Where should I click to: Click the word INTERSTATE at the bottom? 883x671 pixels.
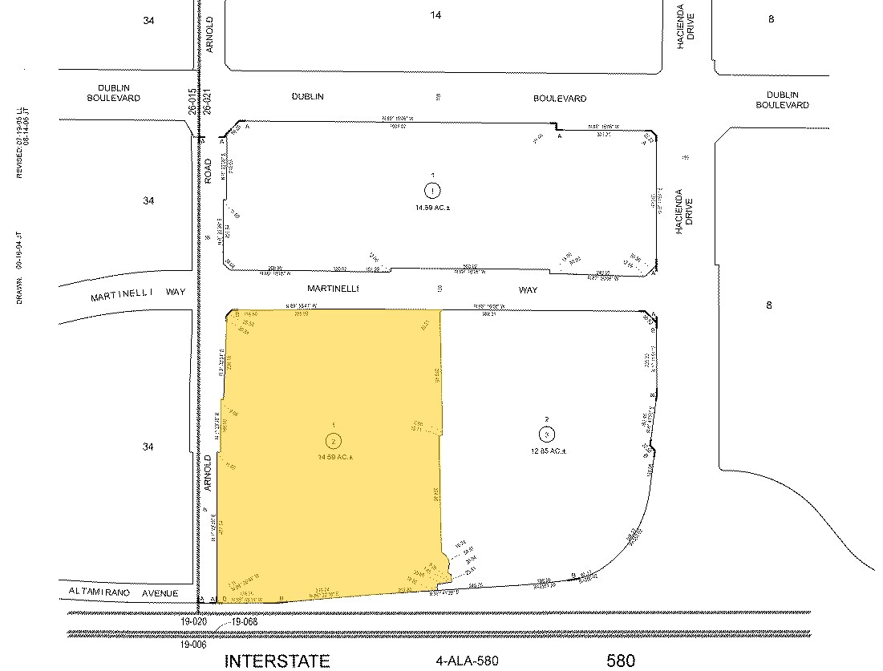point(277,661)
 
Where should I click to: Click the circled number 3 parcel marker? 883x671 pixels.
point(545,434)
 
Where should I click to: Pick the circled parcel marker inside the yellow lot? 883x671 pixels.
point(332,440)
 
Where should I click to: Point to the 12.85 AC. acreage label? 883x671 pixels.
point(546,451)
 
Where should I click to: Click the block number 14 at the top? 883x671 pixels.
point(435,14)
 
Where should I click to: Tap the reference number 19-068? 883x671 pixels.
point(244,621)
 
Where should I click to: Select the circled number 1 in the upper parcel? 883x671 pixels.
point(432,191)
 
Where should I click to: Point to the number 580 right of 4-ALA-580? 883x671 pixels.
point(621,661)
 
